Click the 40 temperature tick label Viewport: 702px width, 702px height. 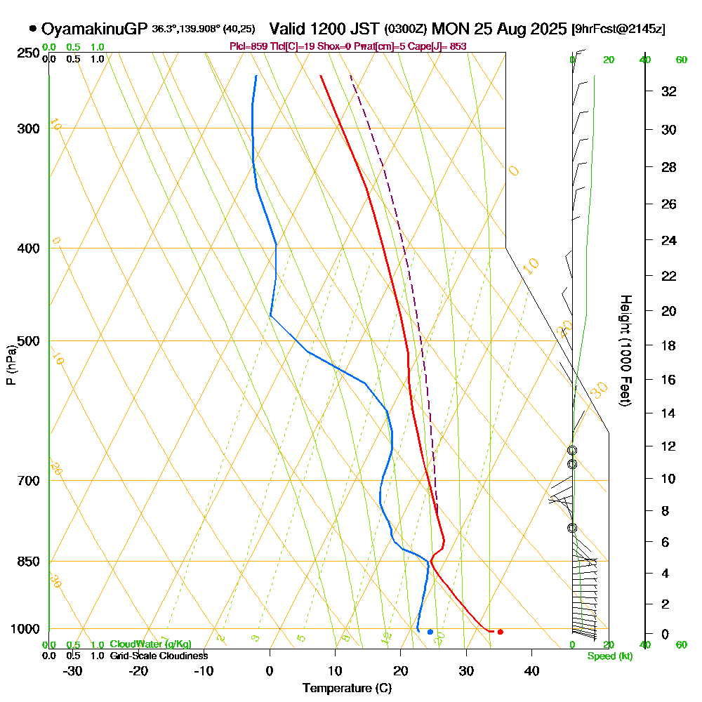(x=531, y=670)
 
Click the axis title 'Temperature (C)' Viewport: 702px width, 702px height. (x=347, y=689)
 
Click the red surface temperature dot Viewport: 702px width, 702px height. (x=500, y=632)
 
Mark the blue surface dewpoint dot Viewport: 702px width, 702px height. (x=430, y=632)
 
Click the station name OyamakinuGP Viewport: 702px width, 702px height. (x=94, y=29)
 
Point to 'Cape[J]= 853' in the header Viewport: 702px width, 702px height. (x=439, y=46)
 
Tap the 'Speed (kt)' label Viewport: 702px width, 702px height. (x=610, y=656)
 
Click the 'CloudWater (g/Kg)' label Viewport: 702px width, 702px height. (x=150, y=644)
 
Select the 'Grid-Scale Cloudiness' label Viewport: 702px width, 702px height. (x=159, y=656)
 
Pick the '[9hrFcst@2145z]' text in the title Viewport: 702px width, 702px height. (x=618, y=29)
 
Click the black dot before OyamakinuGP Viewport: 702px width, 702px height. (x=33, y=29)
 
